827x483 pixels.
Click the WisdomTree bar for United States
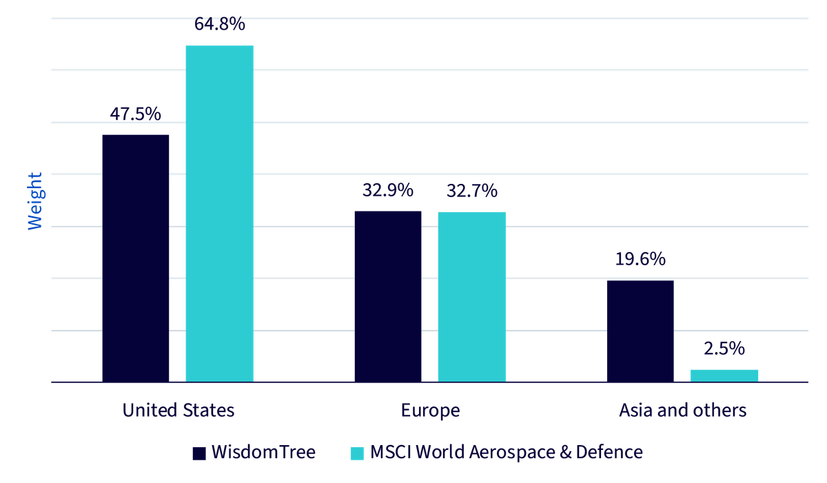(x=136, y=258)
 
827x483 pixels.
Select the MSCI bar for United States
(x=219, y=214)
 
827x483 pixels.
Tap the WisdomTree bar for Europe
(x=388, y=297)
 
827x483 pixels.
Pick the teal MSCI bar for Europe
(x=472, y=297)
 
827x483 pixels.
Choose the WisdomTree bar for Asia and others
(x=640, y=331)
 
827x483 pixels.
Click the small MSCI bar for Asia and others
(x=724, y=376)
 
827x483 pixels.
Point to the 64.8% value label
(x=220, y=24)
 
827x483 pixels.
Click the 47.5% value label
(x=136, y=114)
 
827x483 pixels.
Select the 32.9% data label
(x=388, y=190)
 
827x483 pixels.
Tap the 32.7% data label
(x=472, y=191)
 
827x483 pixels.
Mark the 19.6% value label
(x=640, y=259)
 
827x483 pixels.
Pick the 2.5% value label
(x=724, y=349)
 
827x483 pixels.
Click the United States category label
(x=178, y=410)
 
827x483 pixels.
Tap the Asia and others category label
(x=683, y=410)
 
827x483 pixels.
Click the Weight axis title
(x=35, y=201)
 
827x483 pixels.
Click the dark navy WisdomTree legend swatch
(x=199, y=453)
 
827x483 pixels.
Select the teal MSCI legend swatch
(x=357, y=453)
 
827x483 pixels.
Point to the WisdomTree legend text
(x=263, y=452)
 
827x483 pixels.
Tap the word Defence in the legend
(x=609, y=452)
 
